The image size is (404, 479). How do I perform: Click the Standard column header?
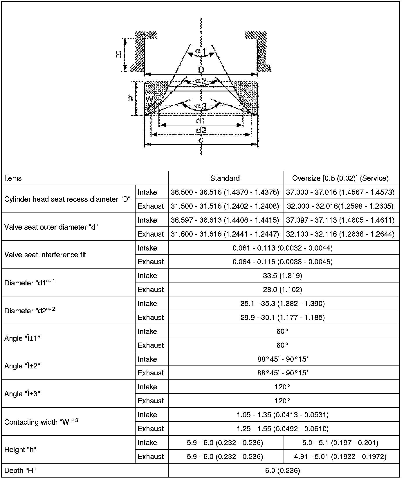point(225,178)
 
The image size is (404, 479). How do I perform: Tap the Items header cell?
point(13,178)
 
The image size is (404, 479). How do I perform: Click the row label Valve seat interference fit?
point(45,255)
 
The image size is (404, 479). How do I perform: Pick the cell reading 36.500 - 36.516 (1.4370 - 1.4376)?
point(225,192)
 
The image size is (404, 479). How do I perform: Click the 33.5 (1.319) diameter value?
point(282,275)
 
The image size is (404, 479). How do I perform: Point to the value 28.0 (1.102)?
point(282,289)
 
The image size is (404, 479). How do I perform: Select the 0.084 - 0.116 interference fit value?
point(282,262)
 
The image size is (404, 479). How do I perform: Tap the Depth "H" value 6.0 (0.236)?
point(282,470)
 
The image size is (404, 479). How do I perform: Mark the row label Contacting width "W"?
point(41,422)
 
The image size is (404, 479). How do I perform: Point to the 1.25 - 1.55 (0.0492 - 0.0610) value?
point(282,428)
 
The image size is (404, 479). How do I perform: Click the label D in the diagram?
point(201,70)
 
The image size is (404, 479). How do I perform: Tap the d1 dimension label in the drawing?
point(201,120)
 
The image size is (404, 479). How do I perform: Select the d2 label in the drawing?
point(201,130)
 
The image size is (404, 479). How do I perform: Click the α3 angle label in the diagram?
point(201,107)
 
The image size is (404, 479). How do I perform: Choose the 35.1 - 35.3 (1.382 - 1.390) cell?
point(282,303)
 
